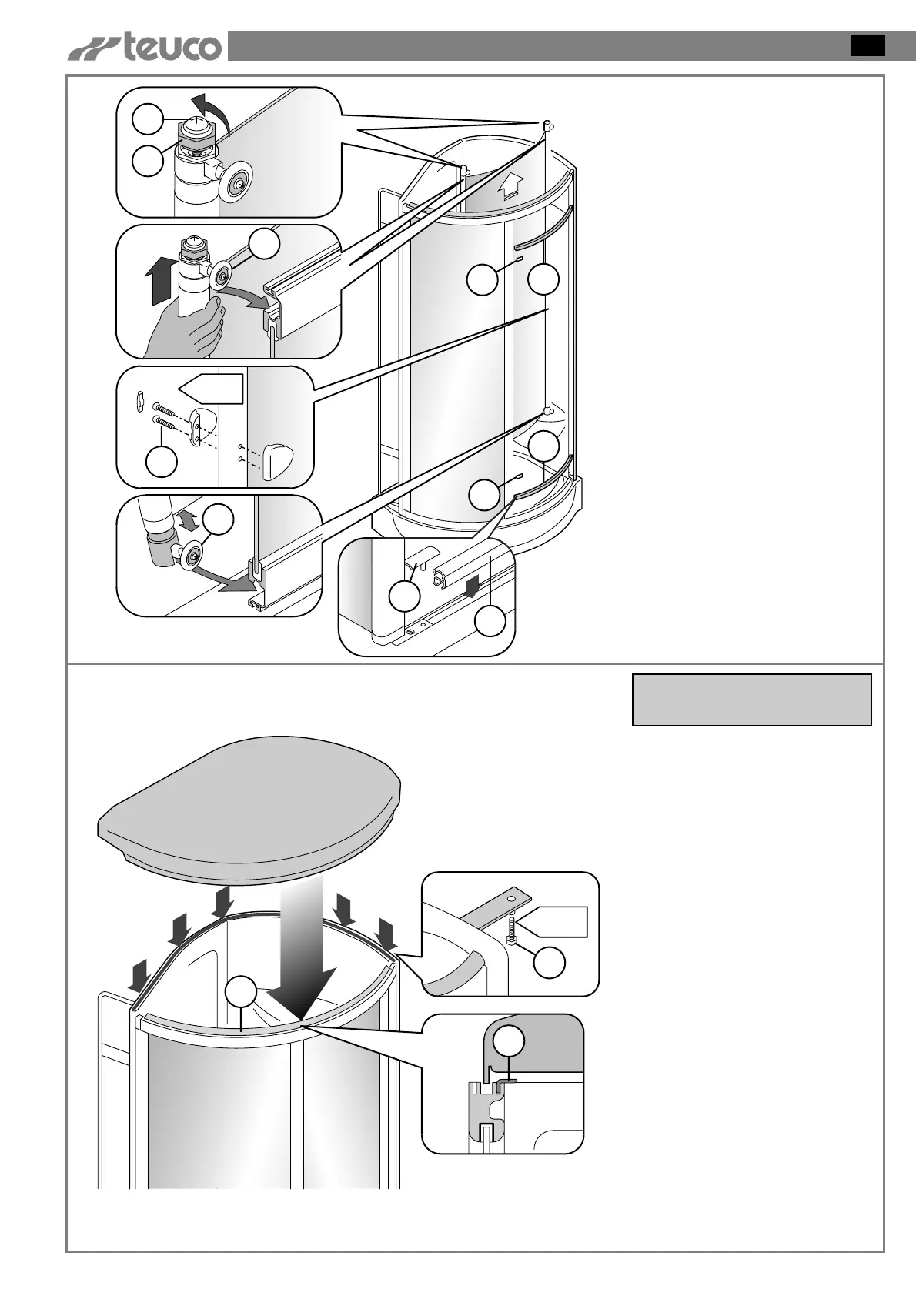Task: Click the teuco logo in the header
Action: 146,47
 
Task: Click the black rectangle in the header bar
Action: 868,45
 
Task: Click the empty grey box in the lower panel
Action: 751,700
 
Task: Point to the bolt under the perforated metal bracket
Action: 511,930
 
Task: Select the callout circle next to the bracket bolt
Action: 550,962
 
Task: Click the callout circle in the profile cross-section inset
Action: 508,1042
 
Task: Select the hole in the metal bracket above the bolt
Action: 510,896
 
